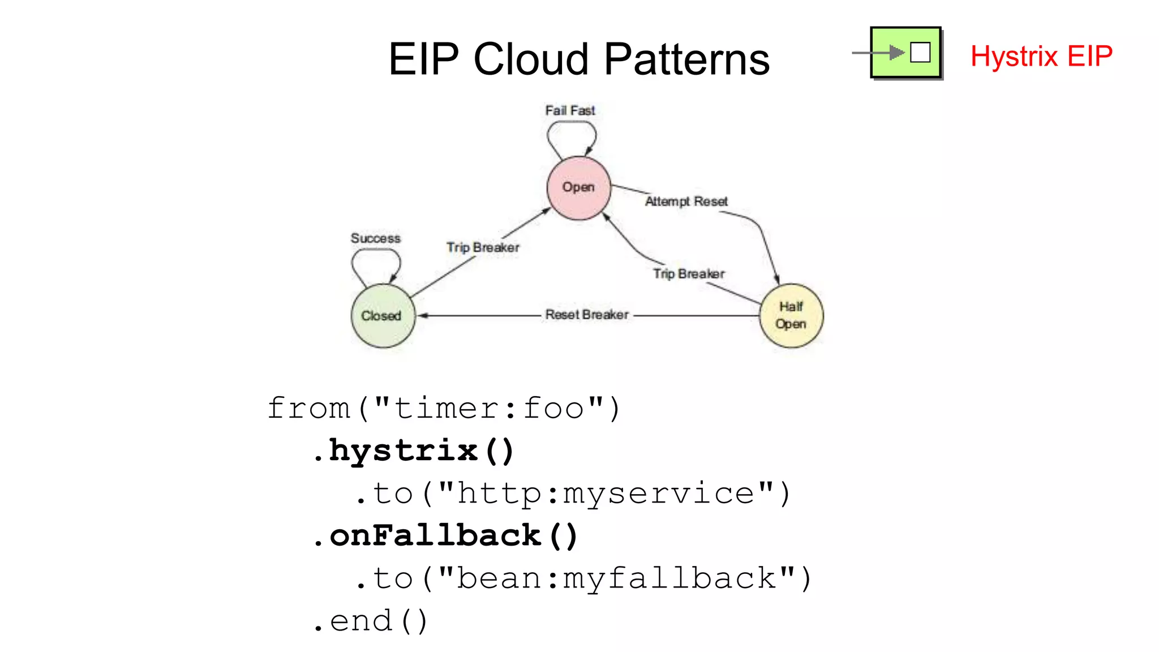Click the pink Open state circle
[x=578, y=188]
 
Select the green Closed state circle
[x=383, y=316]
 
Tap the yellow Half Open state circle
[x=791, y=316]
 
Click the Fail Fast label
[x=570, y=110]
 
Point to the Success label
[x=375, y=238]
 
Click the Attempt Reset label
[x=686, y=201]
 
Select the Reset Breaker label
[x=587, y=315]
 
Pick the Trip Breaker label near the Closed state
[x=483, y=247]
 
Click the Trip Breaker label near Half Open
[x=689, y=274]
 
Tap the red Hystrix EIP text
[x=1041, y=56]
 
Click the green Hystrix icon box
[x=905, y=53]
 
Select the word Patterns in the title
[x=687, y=59]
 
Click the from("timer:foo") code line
[x=444, y=409]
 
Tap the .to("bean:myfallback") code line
[x=583, y=578]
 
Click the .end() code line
[x=371, y=621]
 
